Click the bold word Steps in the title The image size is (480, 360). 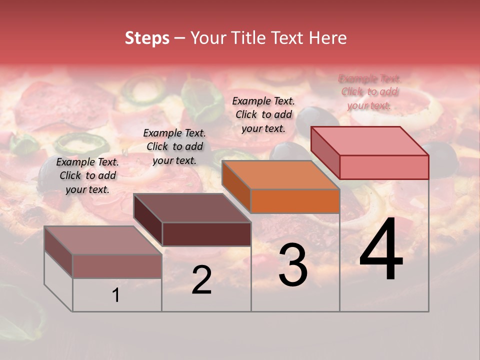(147, 38)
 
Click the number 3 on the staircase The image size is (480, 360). (293, 265)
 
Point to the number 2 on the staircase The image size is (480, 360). (201, 280)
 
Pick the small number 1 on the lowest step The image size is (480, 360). (116, 295)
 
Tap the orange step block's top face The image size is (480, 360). (280, 175)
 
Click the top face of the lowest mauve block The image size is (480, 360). (102, 240)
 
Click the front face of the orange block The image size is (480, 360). (295, 201)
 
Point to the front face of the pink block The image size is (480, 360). (384, 167)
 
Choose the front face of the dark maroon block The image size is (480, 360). (206, 234)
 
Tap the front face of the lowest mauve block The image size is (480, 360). (117, 266)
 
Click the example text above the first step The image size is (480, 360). (87, 175)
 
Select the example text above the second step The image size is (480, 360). (174, 146)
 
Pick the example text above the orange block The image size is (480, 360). (263, 114)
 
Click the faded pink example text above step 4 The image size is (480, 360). (369, 91)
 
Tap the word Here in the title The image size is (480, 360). (328, 38)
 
